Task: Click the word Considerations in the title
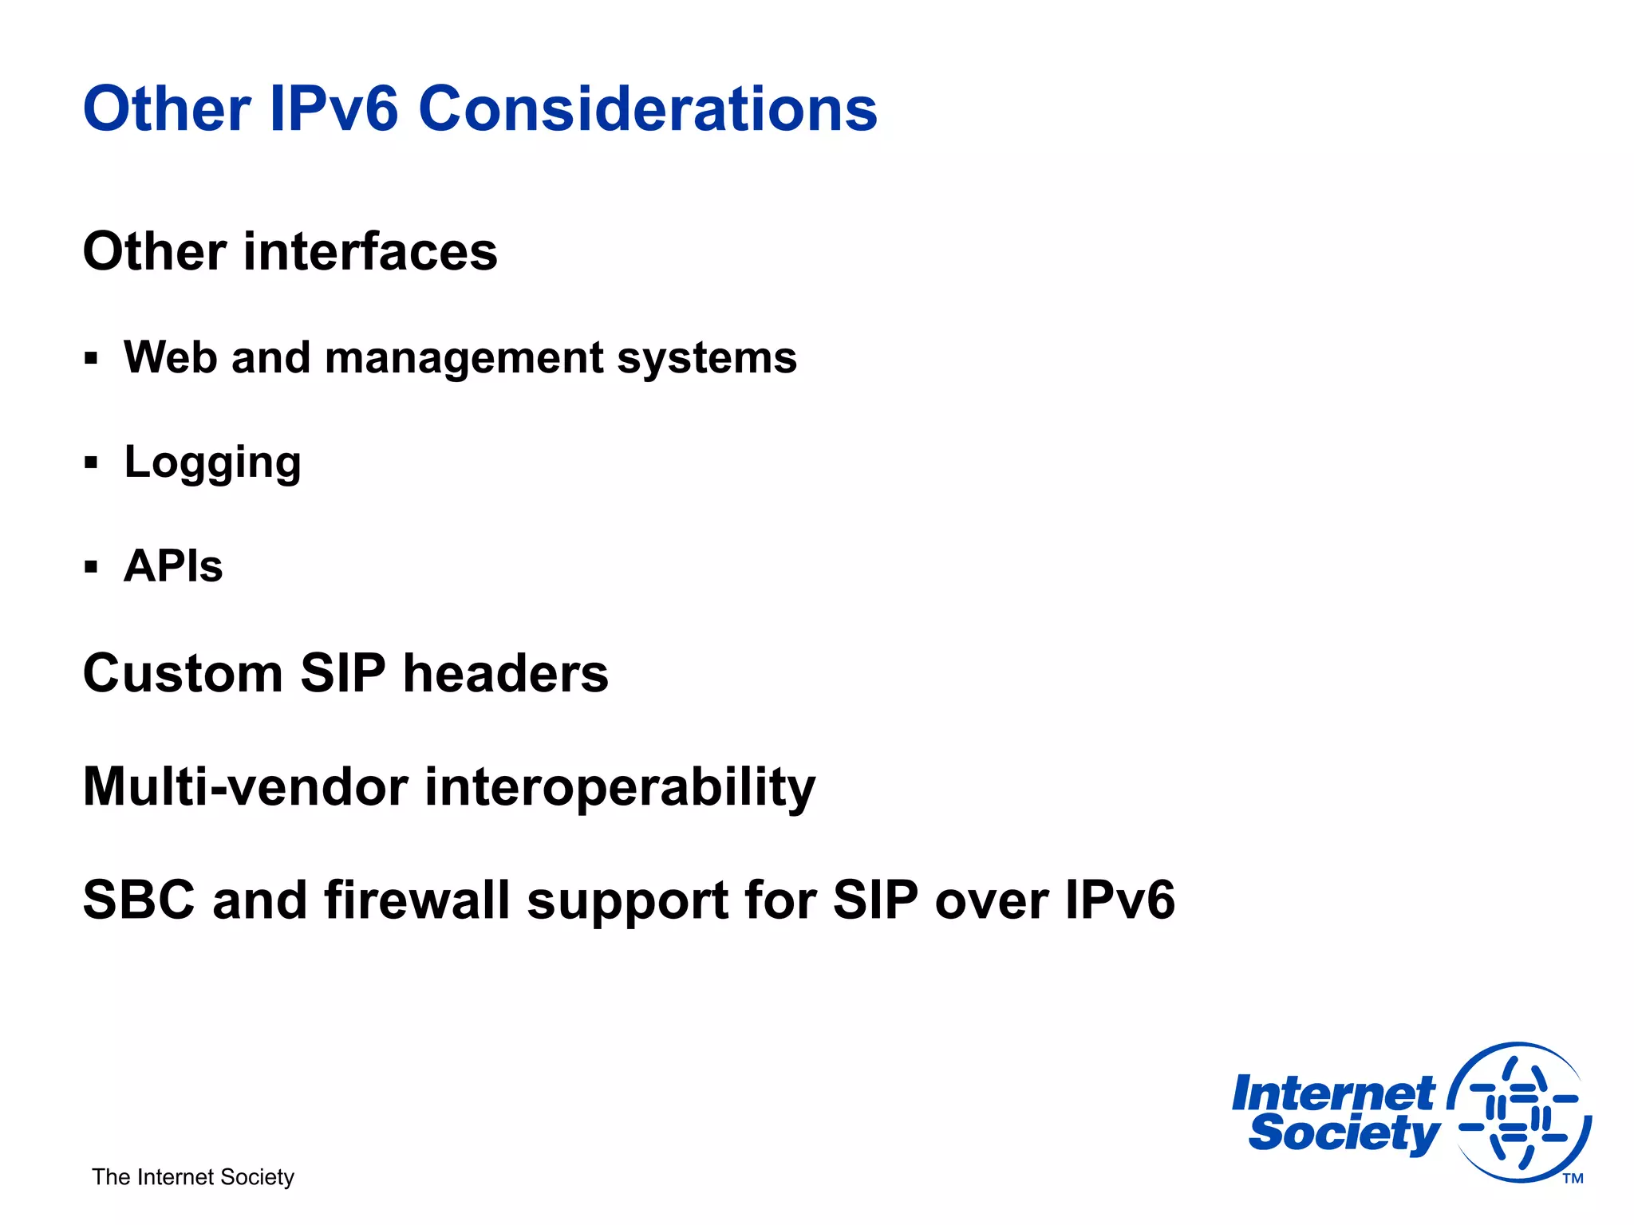647,109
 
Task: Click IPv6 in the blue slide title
334,109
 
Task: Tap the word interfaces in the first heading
370,252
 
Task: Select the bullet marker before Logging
91,463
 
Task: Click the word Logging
213,463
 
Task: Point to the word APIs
173,566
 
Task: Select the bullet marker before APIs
91,567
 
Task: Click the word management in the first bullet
464,357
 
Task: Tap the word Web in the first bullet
170,357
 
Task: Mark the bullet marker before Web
91,358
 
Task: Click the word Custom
183,674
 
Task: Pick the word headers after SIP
505,674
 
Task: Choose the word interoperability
620,787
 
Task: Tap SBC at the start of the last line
139,900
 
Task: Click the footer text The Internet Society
193,1177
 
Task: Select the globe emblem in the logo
1519,1112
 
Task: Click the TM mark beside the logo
1573,1179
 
